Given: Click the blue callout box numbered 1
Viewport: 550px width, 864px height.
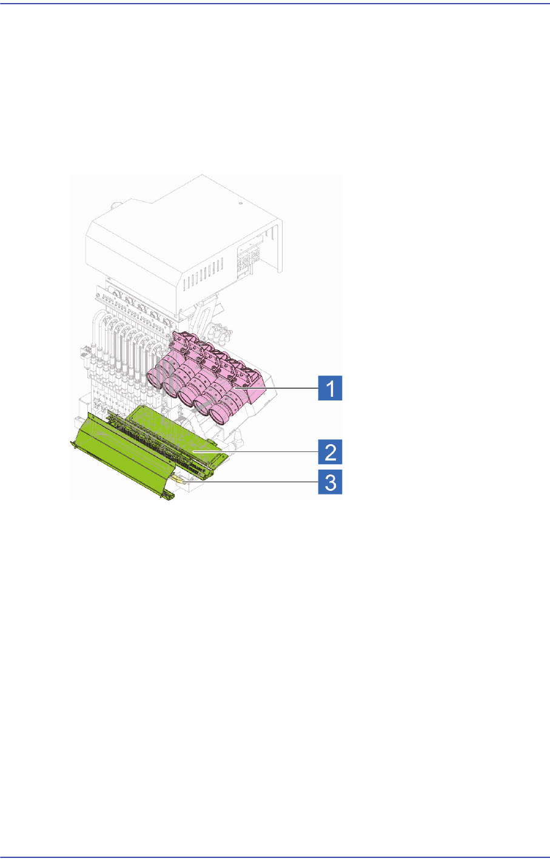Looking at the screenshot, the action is pos(330,387).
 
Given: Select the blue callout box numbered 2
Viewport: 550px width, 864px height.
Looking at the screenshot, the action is pos(330,452).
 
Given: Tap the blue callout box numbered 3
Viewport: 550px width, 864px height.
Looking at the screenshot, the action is pos(330,484).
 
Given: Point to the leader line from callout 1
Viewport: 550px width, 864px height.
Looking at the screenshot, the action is pos(285,387).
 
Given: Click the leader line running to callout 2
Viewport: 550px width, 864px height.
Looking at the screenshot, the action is pos(261,452).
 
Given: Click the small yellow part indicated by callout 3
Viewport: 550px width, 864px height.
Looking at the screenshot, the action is pos(176,478).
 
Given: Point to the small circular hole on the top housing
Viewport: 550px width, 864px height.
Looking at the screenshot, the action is pos(241,204).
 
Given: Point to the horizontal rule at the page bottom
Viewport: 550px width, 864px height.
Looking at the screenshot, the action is pos(275,857).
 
